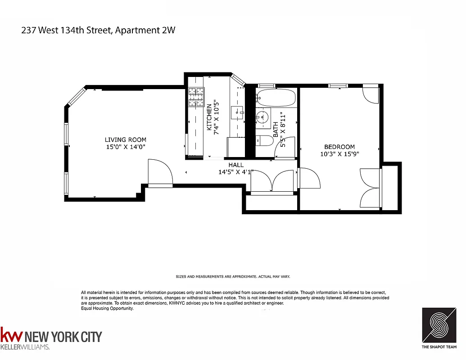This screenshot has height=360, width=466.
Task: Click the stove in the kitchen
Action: coord(196,97)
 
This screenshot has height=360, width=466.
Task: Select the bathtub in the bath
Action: coord(275,97)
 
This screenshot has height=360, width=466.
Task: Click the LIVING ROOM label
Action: coord(126,140)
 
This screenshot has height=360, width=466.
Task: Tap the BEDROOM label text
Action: coord(339,147)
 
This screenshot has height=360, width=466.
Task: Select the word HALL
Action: coord(236,165)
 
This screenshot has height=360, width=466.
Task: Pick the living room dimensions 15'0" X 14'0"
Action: coord(126,147)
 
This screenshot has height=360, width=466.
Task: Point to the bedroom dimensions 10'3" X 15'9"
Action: coord(339,154)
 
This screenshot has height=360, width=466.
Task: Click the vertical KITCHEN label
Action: coord(209,117)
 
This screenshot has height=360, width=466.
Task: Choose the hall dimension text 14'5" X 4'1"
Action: coord(236,172)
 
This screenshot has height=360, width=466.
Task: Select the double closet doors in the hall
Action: coord(273,182)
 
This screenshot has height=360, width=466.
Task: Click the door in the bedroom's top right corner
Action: coord(371,94)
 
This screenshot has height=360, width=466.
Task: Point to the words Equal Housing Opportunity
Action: coord(107,309)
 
